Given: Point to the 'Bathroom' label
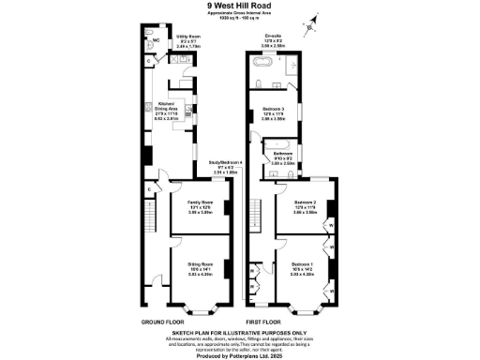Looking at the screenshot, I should click(x=283, y=153).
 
